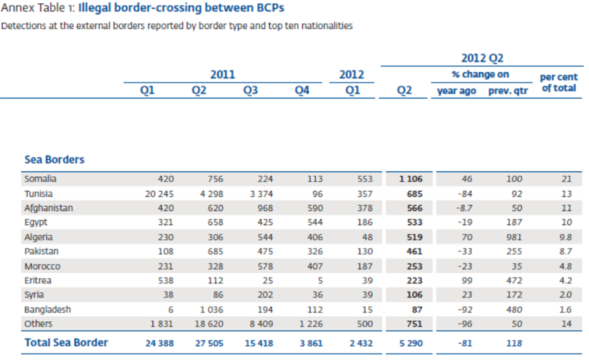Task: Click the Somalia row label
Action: [40, 179]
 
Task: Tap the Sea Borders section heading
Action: [54, 160]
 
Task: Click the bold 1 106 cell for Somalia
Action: [410, 179]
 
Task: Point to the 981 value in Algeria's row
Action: [514, 238]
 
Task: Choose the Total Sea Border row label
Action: [66, 343]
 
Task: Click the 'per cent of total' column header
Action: [559, 82]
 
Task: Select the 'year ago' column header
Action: [456, 91]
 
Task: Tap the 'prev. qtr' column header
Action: [508, 91]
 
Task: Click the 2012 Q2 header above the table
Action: [482, 58]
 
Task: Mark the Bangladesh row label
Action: [48, 310]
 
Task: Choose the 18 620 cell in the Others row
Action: [209, 325]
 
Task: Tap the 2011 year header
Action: [223, 74]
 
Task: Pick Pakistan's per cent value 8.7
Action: [566, 252]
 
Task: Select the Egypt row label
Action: [36, 223]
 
